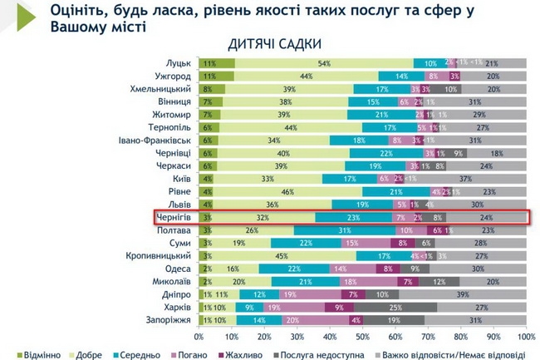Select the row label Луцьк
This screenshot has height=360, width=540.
(179, 63)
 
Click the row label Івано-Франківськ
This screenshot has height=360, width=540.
(158, 141)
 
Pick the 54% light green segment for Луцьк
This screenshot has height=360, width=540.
(324, 63)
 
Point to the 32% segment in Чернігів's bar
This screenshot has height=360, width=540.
(262, 217)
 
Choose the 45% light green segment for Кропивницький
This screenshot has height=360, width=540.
(282, 255)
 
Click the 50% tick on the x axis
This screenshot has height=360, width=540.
(361, 337)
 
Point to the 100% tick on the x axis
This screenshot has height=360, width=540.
(526, 337)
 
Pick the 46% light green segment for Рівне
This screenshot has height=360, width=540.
(287, 191)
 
